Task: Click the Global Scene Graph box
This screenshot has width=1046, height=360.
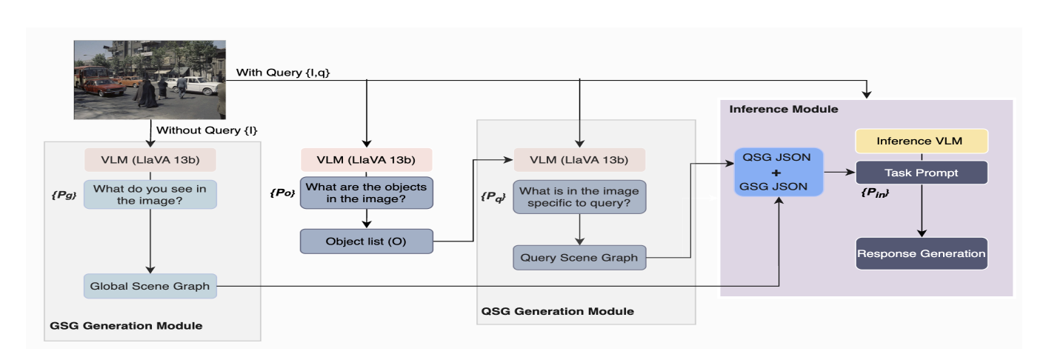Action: click(150, 286)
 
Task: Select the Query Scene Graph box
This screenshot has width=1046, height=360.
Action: click(579, 258)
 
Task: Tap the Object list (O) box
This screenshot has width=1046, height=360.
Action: click(366, 241)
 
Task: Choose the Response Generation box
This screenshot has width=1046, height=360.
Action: click(922, 253)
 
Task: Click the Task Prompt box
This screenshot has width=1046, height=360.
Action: click(922, 173)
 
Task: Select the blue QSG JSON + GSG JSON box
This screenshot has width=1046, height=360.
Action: click(779, 172)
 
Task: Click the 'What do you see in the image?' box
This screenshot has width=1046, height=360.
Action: click(150, 194)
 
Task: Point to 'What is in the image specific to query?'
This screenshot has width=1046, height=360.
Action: click(579, 196)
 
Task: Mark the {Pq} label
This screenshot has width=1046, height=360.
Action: click(493, 196)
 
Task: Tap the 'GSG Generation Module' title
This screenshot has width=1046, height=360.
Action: click(126, 325)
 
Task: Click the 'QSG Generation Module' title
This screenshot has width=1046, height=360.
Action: click(557, 311)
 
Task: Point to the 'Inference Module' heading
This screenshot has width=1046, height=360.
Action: click(784, 109)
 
